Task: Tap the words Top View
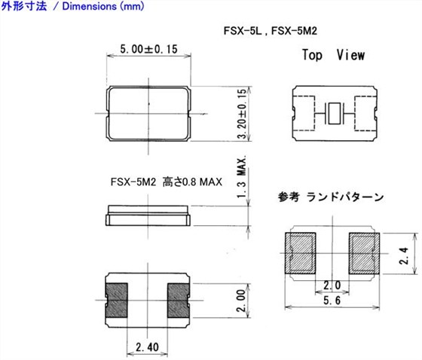(x=333, y=55)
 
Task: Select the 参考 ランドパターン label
(x=330, y=197)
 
